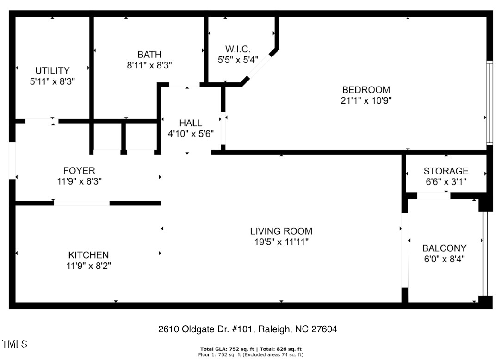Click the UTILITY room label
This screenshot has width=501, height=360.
(52, 71)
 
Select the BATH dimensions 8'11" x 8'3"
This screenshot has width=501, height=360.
(149, 66)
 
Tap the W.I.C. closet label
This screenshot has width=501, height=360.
(238, 49)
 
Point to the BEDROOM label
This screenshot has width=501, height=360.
(365, 90)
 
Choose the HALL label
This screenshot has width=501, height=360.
(191, 123)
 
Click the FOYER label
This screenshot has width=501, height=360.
(79, 171)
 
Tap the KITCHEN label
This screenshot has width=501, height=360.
(88, 255)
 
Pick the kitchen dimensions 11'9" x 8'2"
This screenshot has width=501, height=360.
(88, 266)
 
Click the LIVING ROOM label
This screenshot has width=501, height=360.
(281, 231)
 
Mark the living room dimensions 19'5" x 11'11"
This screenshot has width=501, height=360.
(281, 242)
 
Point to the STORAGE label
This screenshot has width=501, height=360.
(445, 171)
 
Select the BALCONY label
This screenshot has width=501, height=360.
(444, 248)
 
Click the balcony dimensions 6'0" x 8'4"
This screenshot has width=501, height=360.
(444, 259)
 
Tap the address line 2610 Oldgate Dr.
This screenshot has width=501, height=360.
(247, 329)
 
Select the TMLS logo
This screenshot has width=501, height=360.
(14, 344)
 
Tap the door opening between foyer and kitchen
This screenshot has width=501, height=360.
(81, 203)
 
